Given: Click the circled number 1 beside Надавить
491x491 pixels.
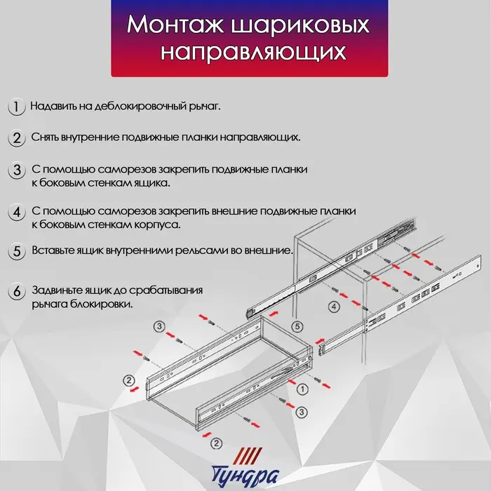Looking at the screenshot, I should coord(15,107).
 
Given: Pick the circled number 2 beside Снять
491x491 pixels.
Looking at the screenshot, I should coord(15,137).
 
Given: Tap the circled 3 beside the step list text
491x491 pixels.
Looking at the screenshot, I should coord(15,170).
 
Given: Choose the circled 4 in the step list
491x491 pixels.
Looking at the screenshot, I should coord(15,212).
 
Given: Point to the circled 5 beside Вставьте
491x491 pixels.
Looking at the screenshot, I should coord(15,251).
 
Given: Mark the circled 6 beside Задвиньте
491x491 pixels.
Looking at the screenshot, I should coord(15,291).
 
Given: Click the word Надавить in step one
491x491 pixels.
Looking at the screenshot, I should coord(54,107).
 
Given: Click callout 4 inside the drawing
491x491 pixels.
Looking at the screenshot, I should coord(335,307).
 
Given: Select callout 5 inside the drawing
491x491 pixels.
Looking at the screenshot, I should coord(297,326).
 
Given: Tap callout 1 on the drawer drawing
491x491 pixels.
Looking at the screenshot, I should coord(301,388).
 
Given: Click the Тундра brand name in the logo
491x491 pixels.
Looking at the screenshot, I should coord(246,476).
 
